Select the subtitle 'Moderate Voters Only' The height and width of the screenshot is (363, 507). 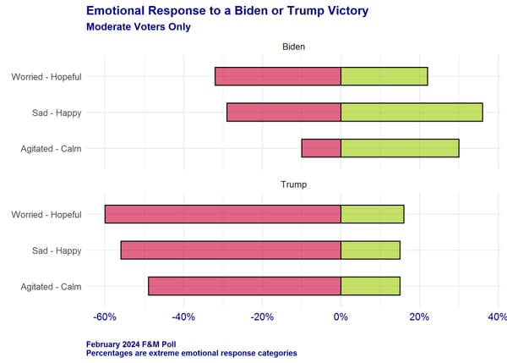click(x=138, y=26)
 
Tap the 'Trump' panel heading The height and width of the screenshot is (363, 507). click(x=293, y=184)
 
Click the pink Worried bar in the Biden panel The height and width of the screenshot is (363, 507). click(x=278, y=76)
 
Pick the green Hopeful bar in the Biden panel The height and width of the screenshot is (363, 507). click(x=384, y=76)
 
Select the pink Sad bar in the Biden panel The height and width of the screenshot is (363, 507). click(x=284, y=112)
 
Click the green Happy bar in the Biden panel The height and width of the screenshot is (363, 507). click(x=412, y=112)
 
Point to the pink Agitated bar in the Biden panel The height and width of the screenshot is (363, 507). click(x=321, y=148)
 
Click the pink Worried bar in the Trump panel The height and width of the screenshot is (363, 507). click(x=222, y=214)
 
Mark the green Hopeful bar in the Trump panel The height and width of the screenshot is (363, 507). click(x=372, y=214)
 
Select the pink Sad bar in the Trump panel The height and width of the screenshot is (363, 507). click(x=231, y=250)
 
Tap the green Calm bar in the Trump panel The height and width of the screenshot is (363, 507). click(x=370, y=286)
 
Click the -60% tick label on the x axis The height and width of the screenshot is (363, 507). click(x=105, y=317)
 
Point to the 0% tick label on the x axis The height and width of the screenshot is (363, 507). click(x=341, y=317)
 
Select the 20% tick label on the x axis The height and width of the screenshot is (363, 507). click(x=419, y=317)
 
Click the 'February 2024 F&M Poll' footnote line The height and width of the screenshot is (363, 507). click(x=139, y=344)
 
